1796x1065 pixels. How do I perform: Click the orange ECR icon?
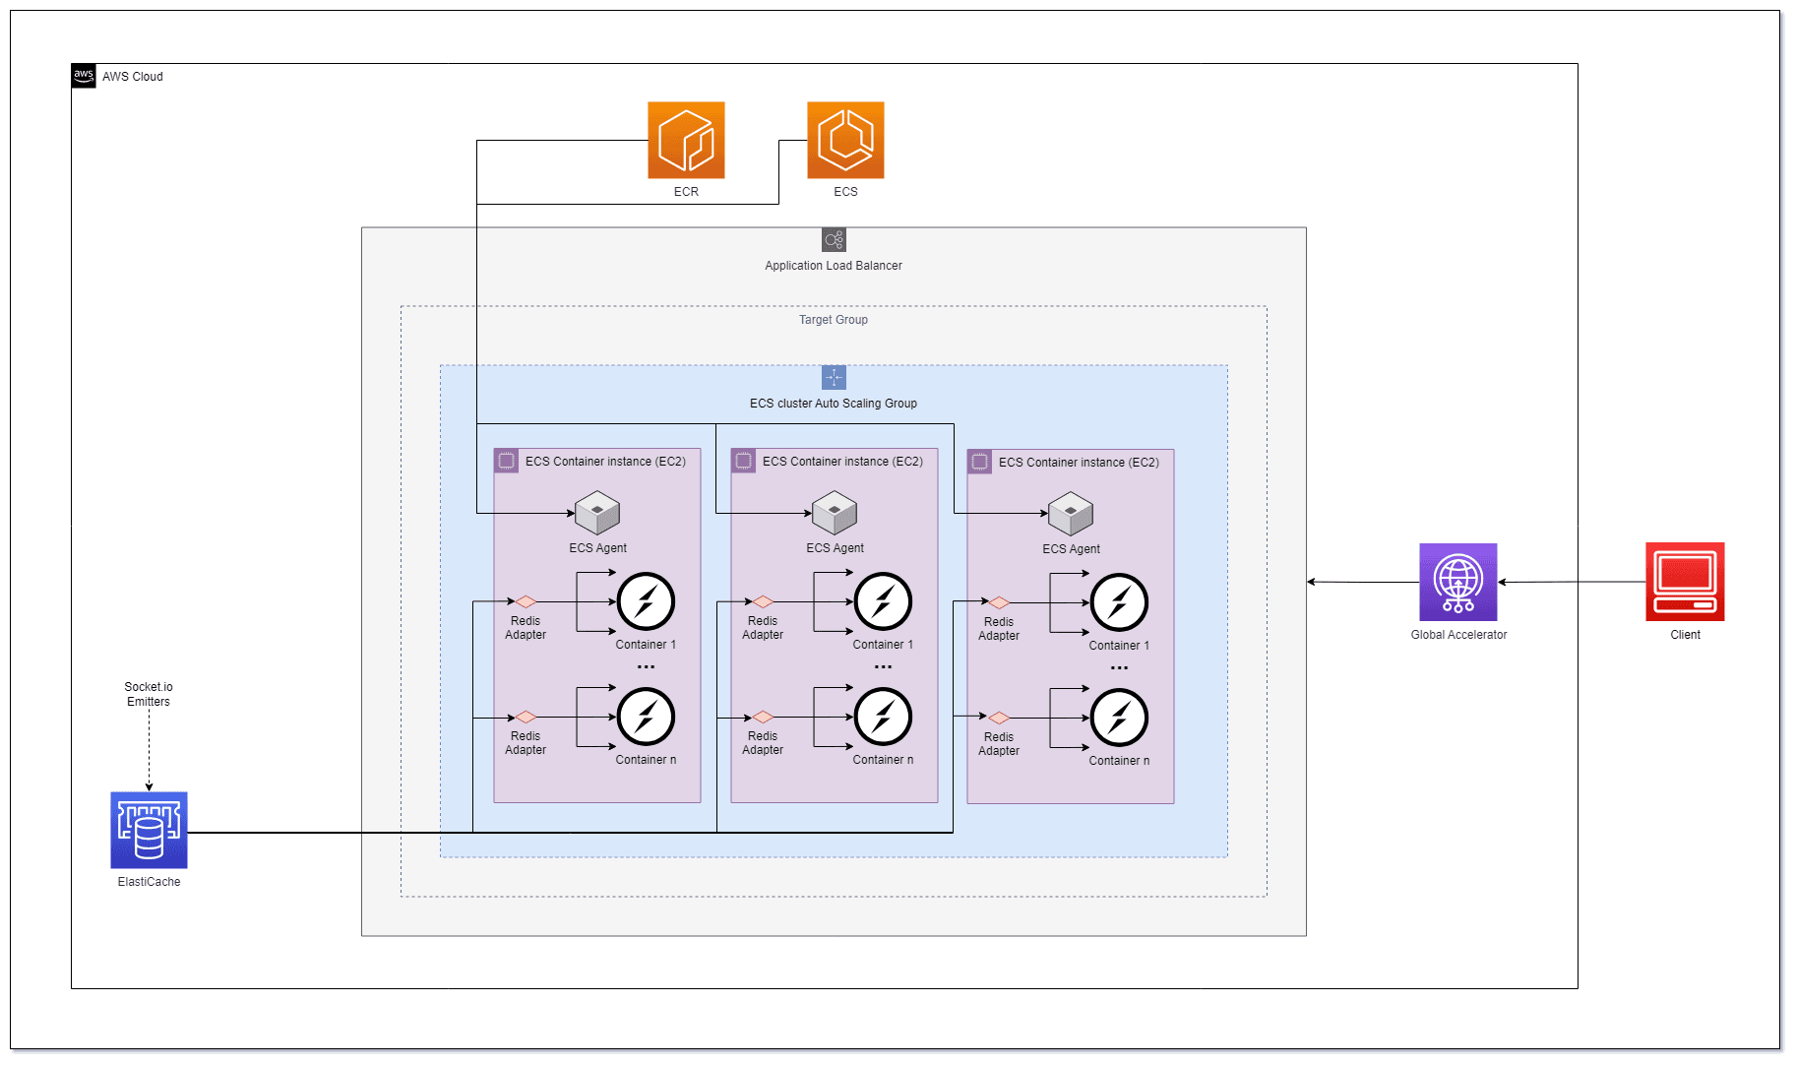686,140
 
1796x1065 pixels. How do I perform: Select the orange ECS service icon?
845,140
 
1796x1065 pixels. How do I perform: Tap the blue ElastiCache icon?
149,830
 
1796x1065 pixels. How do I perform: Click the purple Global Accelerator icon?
1457,582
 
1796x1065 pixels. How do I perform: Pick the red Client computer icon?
1685,582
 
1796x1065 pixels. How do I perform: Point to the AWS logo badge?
84,76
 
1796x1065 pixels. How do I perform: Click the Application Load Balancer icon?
834,240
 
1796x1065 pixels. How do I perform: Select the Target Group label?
834,320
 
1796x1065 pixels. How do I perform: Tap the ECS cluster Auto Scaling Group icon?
834,378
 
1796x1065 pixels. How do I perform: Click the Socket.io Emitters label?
149,694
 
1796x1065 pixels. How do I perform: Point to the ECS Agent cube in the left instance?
597,514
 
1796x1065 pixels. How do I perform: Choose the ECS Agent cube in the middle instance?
835,514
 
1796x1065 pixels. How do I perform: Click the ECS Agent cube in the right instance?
1071,515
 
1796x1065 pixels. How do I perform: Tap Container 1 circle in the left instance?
646,601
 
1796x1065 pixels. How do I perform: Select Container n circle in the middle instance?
883,717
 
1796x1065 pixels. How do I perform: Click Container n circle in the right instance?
1119,718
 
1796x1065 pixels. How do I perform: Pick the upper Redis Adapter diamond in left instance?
526,601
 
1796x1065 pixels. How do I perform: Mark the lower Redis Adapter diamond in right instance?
999,718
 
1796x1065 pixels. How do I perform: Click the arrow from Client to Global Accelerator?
1572,582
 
